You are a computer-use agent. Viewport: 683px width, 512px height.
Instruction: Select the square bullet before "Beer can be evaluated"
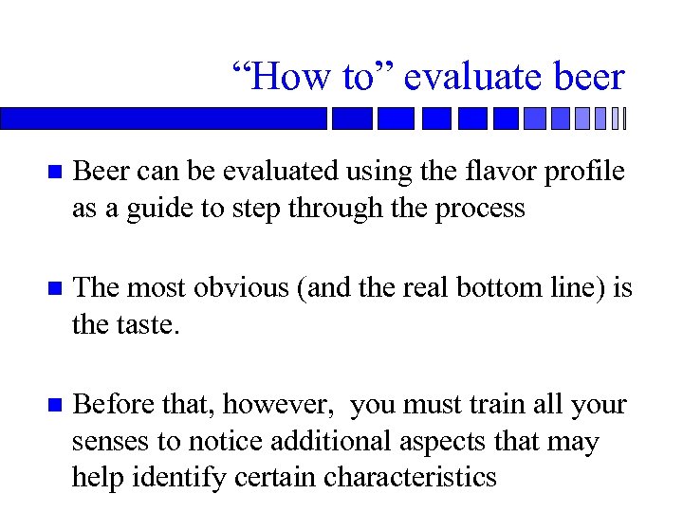click(54, 173)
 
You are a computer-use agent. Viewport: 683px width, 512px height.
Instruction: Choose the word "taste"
click(148, 324)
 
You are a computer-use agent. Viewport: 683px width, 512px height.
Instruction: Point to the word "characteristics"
click(410, 476)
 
